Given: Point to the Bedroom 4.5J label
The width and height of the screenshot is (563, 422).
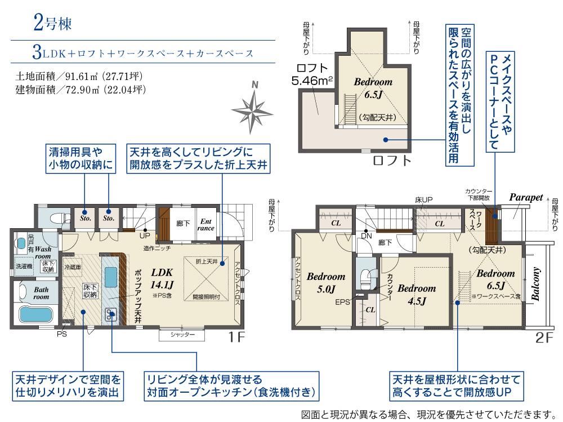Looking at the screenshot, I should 417,294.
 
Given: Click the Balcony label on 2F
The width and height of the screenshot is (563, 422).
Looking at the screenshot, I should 537,284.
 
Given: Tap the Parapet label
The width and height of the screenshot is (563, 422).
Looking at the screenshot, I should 526,197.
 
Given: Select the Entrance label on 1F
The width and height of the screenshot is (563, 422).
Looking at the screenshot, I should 206,225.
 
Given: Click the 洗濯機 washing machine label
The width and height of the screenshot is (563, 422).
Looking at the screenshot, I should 24,266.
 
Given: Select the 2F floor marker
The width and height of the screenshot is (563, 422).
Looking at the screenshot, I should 546,338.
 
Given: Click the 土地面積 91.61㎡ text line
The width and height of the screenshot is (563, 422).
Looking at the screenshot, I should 82,75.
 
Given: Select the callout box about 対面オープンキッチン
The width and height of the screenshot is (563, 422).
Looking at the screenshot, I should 230,386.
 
